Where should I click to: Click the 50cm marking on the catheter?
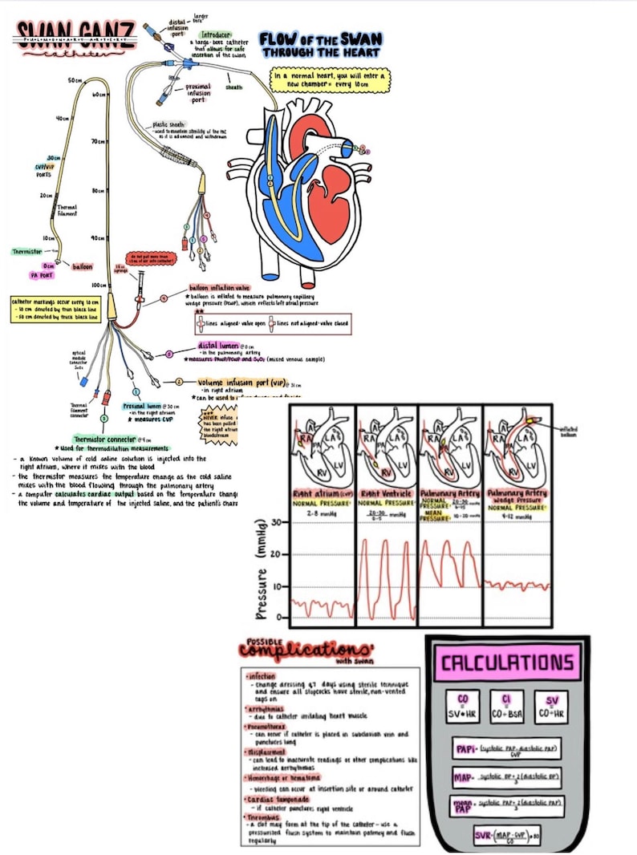[75, 81]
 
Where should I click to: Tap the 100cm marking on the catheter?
[99, 286]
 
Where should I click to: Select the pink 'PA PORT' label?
[41, 275]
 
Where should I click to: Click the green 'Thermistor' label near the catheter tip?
[27, 251]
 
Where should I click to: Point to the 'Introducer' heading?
[216, 36]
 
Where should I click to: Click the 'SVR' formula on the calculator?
[507, 837]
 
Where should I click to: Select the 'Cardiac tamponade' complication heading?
[274, 799]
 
